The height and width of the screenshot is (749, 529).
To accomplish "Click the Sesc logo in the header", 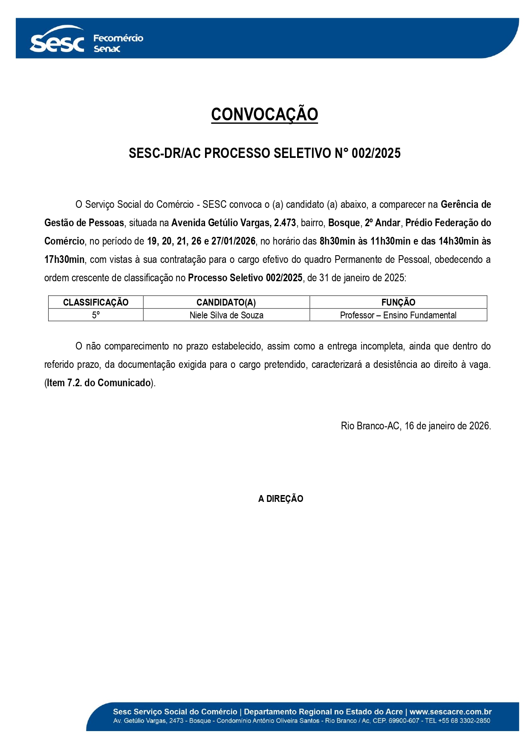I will click(57, 41).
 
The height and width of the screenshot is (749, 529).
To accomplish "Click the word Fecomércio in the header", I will click(118, 38).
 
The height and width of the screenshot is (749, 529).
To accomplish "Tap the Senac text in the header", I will click(107, 49).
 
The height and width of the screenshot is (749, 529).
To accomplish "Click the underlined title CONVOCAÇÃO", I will click(264, 114).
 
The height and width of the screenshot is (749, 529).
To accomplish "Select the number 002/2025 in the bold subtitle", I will click(376, 153).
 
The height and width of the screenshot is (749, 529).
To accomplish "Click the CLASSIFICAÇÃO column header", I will click(95, 302).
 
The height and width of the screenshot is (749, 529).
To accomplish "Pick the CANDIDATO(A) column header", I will click(226, 302).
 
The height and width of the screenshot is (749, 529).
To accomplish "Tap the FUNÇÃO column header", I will click(398, 302).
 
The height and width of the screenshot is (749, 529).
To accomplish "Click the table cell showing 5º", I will click(95, 315).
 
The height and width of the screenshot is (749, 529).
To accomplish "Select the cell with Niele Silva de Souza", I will click(226, 315).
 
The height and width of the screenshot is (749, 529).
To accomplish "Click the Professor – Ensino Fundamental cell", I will click(398, 315).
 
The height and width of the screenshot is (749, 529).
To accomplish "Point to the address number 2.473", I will click(285, 223).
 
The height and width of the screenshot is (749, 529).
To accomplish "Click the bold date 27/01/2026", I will click(233, 241).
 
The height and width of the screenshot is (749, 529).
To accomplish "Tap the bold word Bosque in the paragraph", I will click(344, 223).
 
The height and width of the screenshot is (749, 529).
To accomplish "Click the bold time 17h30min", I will click(64, 259).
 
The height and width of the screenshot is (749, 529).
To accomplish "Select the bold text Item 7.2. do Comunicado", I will click(99, 383).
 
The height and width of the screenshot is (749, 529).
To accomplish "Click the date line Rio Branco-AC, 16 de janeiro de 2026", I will click(416, 426).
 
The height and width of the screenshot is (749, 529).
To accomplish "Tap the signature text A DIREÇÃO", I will click(280, 498).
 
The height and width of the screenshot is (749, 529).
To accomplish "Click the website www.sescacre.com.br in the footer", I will click(451, 711).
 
